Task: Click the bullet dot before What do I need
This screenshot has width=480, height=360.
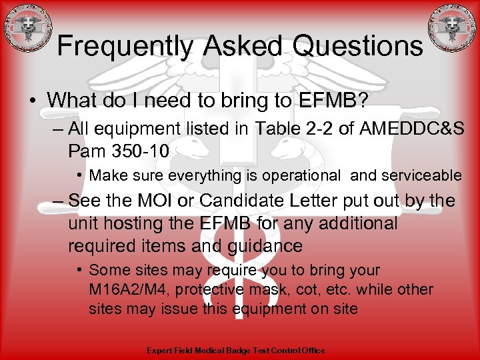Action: point(33,101)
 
